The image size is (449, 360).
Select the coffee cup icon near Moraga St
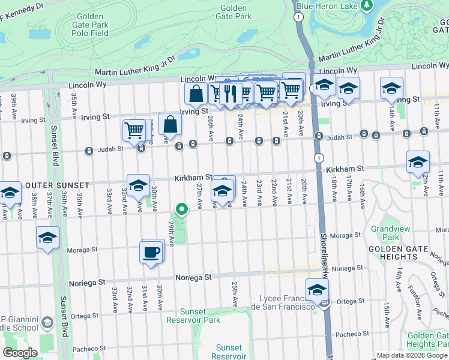[151, 252]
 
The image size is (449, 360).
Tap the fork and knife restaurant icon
[230, 93]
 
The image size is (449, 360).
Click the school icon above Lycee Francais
[317, 290]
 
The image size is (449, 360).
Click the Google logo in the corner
[20, 353]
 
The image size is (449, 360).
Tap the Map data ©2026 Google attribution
[412, 355]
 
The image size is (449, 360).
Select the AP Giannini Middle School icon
[47, 325]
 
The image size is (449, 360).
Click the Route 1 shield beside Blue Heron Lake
[298, 17]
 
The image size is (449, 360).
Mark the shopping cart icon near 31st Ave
[134, 130]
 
